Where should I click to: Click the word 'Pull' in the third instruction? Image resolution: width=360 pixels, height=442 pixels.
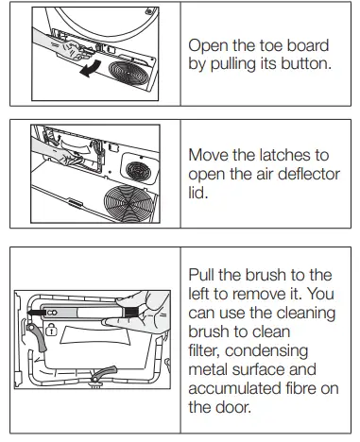[205, 275]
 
